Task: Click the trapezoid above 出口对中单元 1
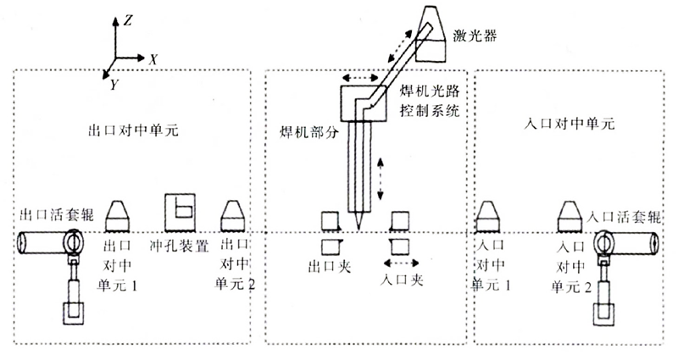119,215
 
